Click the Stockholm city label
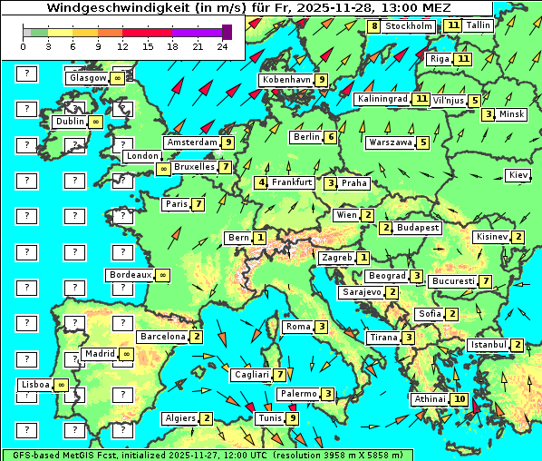[409, 26]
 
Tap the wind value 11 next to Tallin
[453, 25]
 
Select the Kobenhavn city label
[286, 80]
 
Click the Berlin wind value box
[331, 137]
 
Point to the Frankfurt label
[291, 182]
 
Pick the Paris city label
[176, 204]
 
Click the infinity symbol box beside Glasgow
[118, 78]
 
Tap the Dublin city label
[69, 122]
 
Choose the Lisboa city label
[35, 385]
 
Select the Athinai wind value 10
[460, 399]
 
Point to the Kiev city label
[518, 175]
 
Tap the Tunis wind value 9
[292, 418]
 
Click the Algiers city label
[179, 418]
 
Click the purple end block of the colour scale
[227, 32]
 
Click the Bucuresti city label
[452, 281]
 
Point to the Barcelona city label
[162, 337]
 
